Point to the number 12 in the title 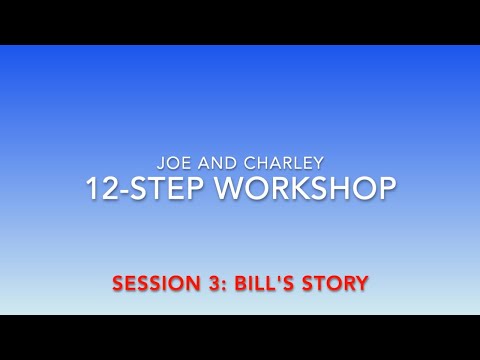(x=102, y=187)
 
